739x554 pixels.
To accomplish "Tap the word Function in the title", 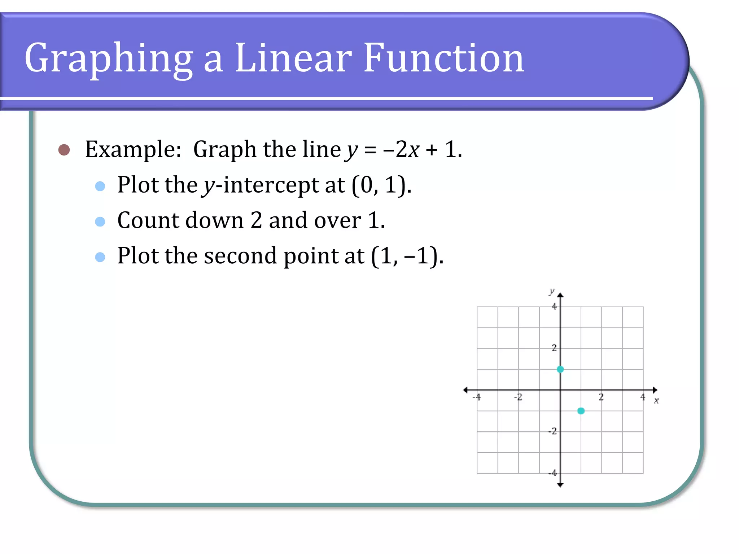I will (x=443, y=58).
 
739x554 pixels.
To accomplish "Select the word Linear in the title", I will (x=293, y=58).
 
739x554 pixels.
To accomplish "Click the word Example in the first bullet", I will (x=133, y=149).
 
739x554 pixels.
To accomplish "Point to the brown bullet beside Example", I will (x=64, y=150).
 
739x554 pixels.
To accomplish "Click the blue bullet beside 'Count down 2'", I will (x=100, y=221).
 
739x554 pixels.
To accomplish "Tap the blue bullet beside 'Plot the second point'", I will (x=100, y=257).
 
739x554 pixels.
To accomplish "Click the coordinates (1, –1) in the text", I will (x=407, y=256).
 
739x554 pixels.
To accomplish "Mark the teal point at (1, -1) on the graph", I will (x=581, y=411).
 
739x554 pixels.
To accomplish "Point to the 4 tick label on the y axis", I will (x=554, y=307).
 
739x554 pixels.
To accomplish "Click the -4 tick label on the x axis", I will (x=477, y=397).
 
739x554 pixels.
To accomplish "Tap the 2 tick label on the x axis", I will (x=601, y=397).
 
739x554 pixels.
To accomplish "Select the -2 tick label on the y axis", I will (x=552, y=431).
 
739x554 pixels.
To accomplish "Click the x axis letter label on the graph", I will (x=656, y=401).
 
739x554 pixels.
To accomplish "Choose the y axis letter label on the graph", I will (x=552, y=291).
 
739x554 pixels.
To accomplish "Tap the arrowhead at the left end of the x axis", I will (x=465, y=390).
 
